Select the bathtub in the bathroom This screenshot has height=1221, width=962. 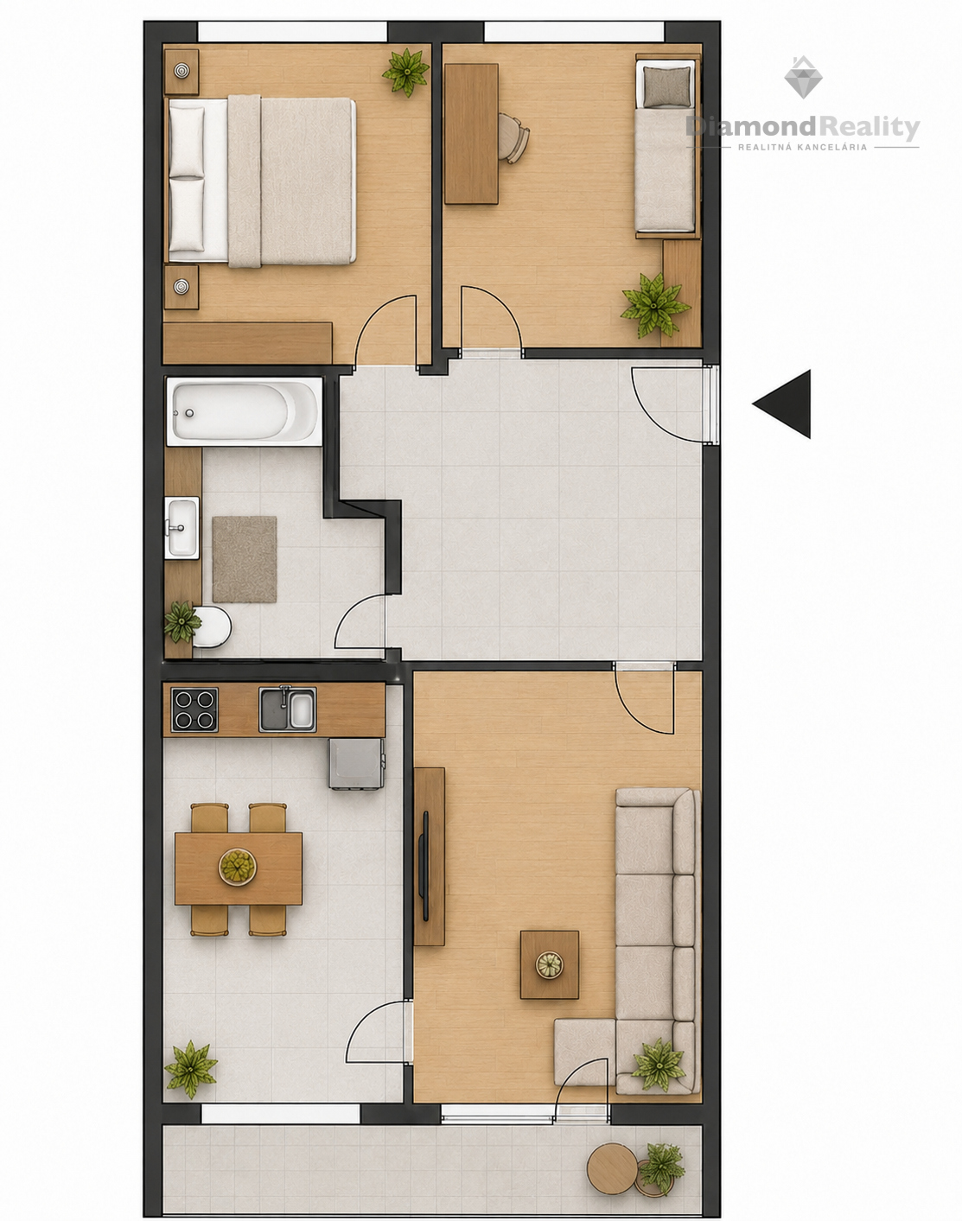[244, 412]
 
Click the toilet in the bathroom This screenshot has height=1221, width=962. [213, 627]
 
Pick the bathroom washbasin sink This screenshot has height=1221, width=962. [182, 528]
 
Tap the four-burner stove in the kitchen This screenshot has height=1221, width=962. [194, 709]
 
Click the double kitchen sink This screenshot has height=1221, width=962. [287, 709]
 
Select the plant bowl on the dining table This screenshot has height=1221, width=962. [238, 867]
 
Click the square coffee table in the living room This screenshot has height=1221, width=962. [550, 964]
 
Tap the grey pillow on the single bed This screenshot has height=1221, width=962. [667, 86]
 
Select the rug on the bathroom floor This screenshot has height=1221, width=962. [245, 559]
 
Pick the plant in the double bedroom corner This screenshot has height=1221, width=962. [405, 72]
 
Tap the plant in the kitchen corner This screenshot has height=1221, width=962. [191, 1069]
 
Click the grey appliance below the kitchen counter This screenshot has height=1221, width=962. [356, 763]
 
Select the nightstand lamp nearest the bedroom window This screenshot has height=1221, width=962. [181, 71]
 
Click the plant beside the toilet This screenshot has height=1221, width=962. [182, 622]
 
